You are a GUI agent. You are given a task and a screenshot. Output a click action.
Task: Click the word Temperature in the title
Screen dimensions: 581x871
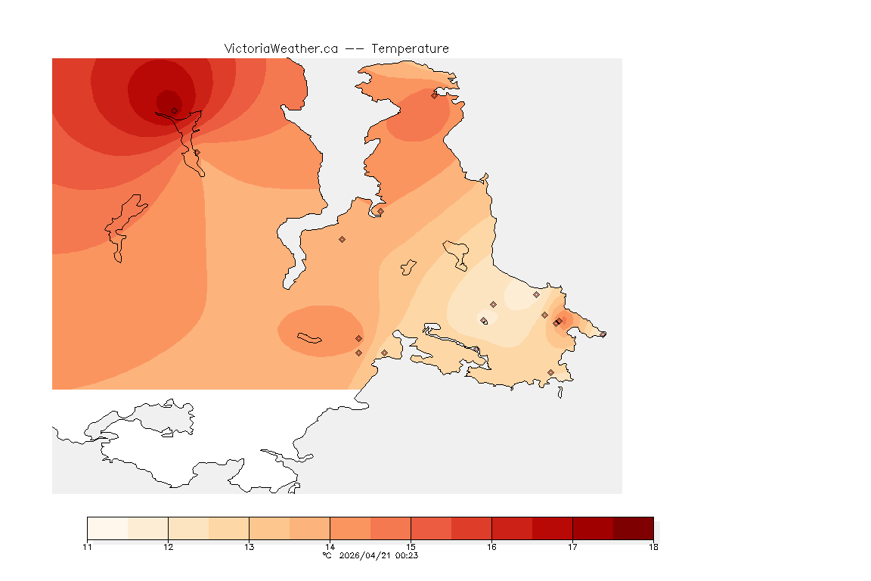[x=410, y=48]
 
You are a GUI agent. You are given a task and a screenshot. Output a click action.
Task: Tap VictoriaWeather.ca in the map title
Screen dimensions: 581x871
[x=281, y=48]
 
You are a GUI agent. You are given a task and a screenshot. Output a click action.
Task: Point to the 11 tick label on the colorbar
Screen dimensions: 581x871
[x=88, y=547]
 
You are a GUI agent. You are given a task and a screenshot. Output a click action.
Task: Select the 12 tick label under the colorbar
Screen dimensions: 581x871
[x=168, y=547]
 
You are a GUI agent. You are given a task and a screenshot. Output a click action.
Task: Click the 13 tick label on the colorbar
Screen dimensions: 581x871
[x=249, y=547]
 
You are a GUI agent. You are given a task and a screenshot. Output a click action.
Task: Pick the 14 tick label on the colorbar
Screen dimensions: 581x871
[x=330, y=547]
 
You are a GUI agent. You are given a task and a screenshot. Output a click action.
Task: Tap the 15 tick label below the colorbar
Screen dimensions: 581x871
[x=411, y=547]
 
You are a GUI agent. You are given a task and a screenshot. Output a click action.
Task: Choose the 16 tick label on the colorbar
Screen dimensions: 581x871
[x=491, y=547]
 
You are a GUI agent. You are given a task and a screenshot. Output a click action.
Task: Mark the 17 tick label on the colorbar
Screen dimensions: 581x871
[x=572, y=547]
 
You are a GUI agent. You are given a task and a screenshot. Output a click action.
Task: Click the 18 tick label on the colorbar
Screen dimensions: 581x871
[x=652, y=547]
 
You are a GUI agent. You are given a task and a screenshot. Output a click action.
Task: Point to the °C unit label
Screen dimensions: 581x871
[x=327, y=555]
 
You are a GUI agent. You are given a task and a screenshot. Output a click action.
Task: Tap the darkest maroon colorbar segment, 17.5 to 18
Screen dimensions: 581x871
[x=633, y=528]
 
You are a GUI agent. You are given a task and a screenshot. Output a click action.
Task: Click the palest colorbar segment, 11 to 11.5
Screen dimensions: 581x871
[x=107, y=528]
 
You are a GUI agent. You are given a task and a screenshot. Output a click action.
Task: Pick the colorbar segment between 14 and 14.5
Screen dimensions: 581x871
[x=350, y=528]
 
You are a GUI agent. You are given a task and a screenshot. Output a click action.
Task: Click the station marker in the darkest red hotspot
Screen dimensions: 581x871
[x=174, y=110]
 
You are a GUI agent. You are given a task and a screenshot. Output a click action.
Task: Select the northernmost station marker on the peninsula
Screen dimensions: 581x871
[x=434, y=95]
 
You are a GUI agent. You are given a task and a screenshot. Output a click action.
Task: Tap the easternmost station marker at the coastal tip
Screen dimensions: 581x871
[x=603, y=334]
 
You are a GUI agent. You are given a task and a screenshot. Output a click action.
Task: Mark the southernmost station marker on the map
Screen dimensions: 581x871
[x=550, y=372]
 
